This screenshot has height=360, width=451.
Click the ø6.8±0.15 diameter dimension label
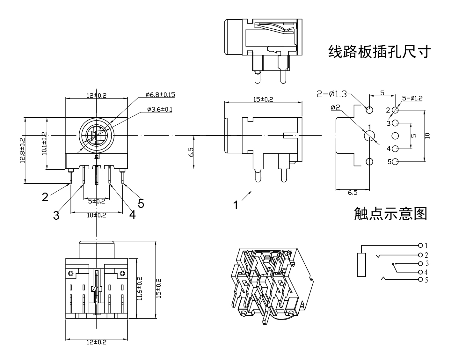click(x=160, y=95)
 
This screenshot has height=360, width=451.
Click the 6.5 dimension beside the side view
click(x=191, y=152)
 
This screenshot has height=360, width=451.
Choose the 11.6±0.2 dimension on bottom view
click(x=140, y=288)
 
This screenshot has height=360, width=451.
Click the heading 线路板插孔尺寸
click(x=379, y=52)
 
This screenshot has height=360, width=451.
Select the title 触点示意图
click(x=390, y=214)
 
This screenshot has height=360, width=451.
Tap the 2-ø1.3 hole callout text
click(x=331, y=94)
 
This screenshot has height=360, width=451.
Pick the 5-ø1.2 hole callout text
click(x=412, y=99)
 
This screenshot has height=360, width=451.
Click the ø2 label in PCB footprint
click(x=335, y=108)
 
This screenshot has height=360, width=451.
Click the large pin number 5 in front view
click(x=141, y=203)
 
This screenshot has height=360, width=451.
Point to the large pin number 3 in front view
click(x=56, y=216)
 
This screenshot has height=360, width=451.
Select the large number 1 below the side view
click(x=236, y=205)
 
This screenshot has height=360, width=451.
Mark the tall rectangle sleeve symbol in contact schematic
click(x=361, y=265)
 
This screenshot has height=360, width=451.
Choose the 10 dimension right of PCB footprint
click(x=428, y=136)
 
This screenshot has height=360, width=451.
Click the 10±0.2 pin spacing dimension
click(x=97, y=215)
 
